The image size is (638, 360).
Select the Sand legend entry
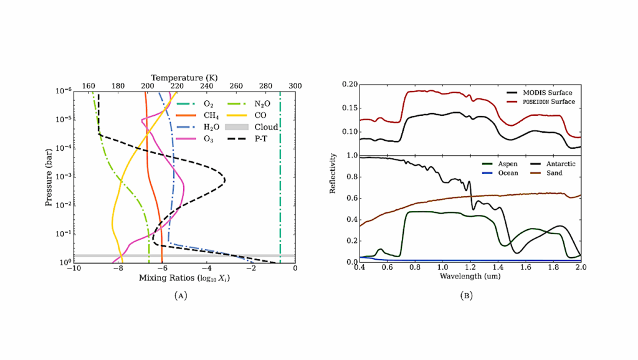(x=553, y=173)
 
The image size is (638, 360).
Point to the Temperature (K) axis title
(x=184, y=77)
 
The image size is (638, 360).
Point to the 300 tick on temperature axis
(x=295, y=86)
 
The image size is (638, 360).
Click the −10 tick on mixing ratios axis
(x=73, y=268)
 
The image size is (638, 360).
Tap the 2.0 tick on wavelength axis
(x=581, y=268)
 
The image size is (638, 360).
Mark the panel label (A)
(x=181, y=295)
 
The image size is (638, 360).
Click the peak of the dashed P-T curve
(x=224, y=181)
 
